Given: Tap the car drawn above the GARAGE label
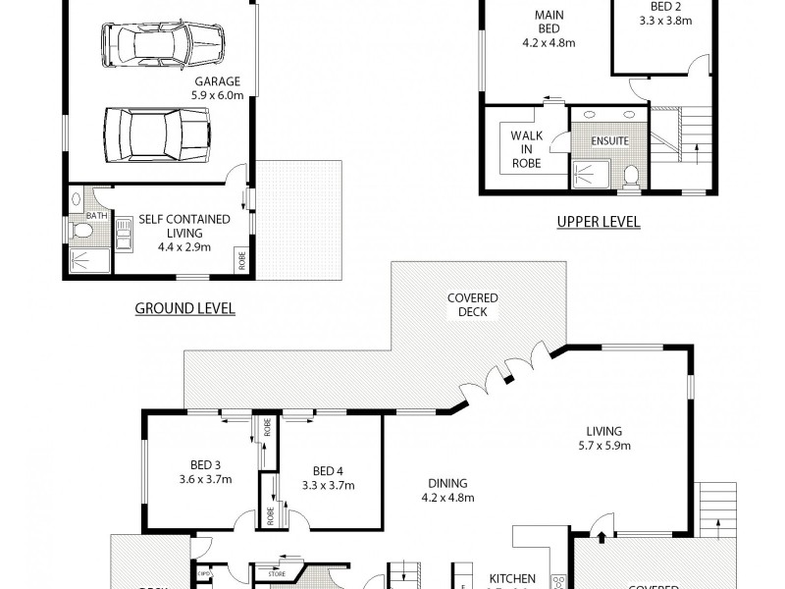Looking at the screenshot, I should tap(163, 43).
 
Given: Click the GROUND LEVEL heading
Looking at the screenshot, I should tap(184, 308).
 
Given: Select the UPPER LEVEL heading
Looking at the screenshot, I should tap(598, 222).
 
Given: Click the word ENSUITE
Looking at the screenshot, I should tap(608, 140).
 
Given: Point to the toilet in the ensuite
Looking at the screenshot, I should tap(632, 174).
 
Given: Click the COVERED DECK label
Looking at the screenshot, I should tap(473, 305).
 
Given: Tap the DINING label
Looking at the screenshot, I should tap(446, 484).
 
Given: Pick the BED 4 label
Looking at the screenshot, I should tap(327, 470).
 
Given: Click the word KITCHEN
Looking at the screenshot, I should tap(512, 578).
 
